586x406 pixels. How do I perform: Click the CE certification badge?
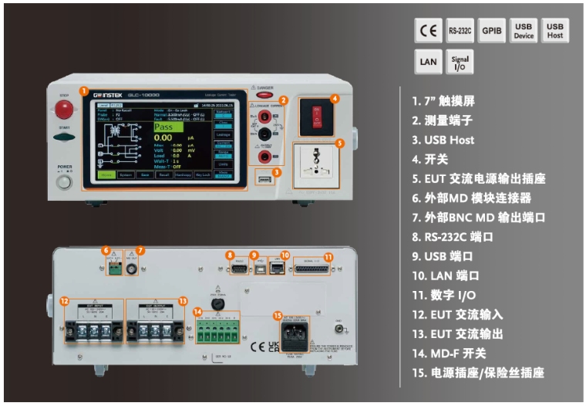point(427,31)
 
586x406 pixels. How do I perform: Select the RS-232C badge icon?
point(460,31)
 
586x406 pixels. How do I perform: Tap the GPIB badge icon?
point(491,31)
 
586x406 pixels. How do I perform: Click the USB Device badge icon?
point(523,31)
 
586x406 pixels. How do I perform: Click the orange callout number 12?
point(65,300)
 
